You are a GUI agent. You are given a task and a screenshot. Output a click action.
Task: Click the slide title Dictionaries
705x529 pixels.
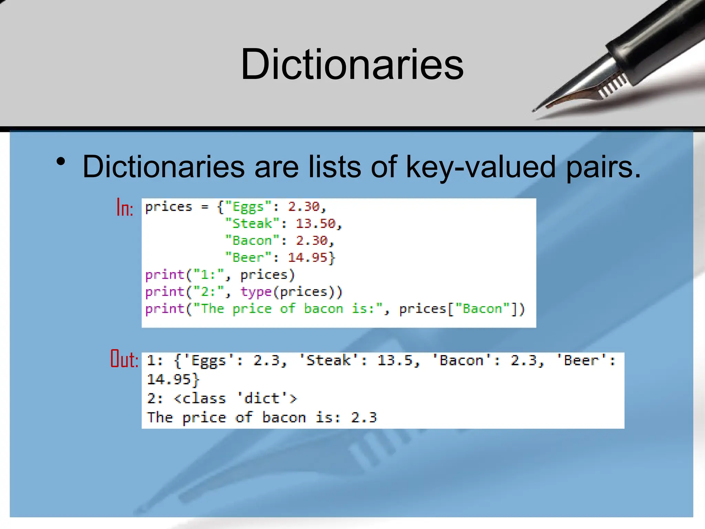click(352, 64)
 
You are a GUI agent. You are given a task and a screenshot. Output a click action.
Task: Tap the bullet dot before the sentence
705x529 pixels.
click(61, 162)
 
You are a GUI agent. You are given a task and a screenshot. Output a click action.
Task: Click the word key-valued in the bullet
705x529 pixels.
click(481, 167)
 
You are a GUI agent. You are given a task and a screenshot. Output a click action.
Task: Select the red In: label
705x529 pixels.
click(125, 208)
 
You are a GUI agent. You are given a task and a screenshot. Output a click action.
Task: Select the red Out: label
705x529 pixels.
click(124, 359)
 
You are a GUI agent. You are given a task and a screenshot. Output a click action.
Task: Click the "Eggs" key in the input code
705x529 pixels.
click(248, 207)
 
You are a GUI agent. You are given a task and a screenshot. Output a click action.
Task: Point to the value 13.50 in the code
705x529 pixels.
click(316, 224)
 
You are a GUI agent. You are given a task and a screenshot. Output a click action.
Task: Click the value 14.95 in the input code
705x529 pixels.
click(307, 257)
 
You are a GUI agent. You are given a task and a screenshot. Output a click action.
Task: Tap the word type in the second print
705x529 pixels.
click(256, 292)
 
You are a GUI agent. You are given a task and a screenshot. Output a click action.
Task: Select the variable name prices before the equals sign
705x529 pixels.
click(168, 207)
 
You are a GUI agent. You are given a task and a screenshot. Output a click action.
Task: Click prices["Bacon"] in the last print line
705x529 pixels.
click(461, 309)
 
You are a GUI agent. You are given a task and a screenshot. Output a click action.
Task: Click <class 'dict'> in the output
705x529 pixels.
click(235, 398)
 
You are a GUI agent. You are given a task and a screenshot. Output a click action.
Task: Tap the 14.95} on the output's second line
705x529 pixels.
click(173, 380)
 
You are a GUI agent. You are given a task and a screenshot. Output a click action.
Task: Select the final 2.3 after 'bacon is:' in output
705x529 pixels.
click(364, 417)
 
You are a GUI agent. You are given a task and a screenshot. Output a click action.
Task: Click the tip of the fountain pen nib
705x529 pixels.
click(534, 111)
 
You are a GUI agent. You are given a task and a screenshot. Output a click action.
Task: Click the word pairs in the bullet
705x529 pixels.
click(603, 167)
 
